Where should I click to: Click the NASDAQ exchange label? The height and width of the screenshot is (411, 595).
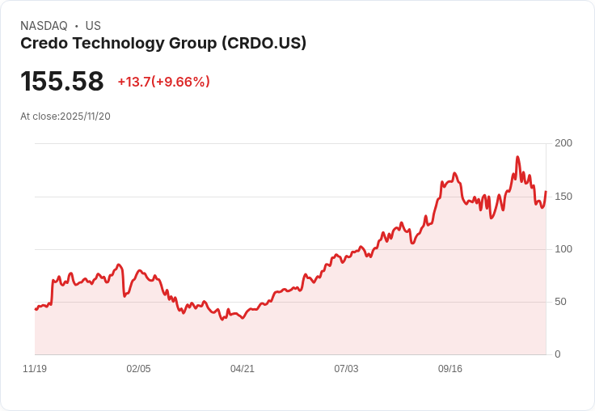[x=44, y=26]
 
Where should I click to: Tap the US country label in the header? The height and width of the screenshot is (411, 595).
[x=93, y=26]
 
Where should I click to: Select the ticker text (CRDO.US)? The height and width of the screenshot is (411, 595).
[x=264, y=44]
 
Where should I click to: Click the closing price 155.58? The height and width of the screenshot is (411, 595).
[x=62, y=82]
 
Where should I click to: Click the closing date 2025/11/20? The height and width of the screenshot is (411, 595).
[x=85, y=117]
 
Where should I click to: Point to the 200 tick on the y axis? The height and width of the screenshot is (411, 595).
[x=563, y=143]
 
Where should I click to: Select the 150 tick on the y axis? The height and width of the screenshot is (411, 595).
[x=563, y=197]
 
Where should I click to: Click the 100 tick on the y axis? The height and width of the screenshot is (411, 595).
[x=563, y=249]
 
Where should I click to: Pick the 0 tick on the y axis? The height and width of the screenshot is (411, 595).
[x=558, y=354]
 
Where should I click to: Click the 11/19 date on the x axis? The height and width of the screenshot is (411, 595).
[x=35, y=369]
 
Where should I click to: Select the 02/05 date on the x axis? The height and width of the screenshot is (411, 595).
[x=138, y=369]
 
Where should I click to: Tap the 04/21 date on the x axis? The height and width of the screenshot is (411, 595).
[x=243, y=369]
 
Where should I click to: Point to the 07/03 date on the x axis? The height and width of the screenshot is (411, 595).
[x=346, y=369]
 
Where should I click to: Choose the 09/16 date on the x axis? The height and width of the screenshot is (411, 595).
[x=450, y=369]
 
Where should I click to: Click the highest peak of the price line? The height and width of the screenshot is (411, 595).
[x=517, y=157]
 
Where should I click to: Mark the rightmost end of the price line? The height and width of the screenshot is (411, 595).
[x=546, y=192]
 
